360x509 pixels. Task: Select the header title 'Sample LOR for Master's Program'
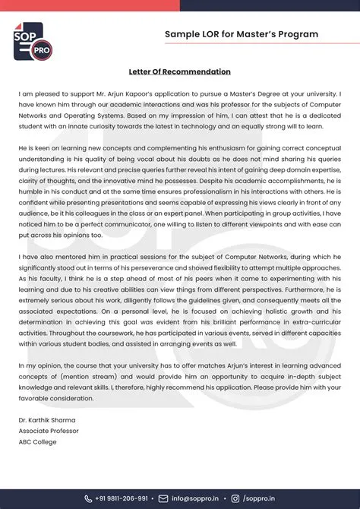pyautogui.click(x=242, y=34)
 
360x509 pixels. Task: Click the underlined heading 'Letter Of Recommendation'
pyautogui.click(x=180, y=71)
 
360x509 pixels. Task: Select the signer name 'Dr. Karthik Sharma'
pyautogui.click(x=47, y=419)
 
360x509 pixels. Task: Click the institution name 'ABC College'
pyautogui.click(x=38, y=441)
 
